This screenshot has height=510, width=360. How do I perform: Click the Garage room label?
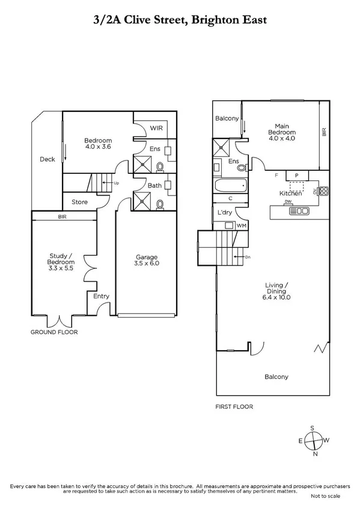point(147,260)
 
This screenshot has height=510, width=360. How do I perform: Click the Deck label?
point(47,159)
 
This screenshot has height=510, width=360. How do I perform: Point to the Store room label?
point(80,202)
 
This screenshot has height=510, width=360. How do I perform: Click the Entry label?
point(101,296)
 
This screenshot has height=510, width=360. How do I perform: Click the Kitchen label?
point(290,193)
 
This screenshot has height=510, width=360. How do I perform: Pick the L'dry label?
point(225,212)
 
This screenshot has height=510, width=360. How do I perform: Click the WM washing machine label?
point(242,225)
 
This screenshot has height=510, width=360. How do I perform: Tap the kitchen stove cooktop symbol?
point(323,192)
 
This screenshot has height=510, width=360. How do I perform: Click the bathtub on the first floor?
point(231,186)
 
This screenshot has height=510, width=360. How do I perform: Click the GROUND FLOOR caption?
point(55,332)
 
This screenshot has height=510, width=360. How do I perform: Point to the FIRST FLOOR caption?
point(234,407)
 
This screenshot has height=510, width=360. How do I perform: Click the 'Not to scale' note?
point(325,497)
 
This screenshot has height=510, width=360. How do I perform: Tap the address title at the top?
point(180,20)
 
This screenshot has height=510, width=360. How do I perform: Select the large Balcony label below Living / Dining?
point(276,377)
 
